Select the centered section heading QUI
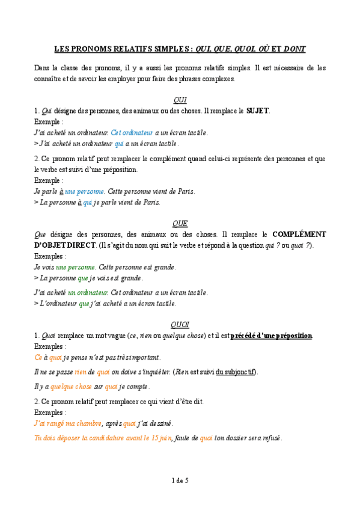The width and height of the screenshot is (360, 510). pyautogui.click(x=180, y=99)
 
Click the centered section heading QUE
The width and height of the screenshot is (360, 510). pyautogui.click(x=180, y=223)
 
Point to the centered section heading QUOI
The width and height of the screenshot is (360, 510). pyautogui.click(x=180, y=324)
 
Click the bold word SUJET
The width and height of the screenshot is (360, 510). pyautogui.click(x=258, y=111)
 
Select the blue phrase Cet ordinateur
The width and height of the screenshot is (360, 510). pyautogui.click(x=132, y=132)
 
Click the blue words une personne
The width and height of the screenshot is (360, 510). pyautogui.click(x=85, y=191)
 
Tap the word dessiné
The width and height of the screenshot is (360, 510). pyautogui.click(x=158, y=423)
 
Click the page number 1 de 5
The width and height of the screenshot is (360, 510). pyautogui.click(x=180, y=480)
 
